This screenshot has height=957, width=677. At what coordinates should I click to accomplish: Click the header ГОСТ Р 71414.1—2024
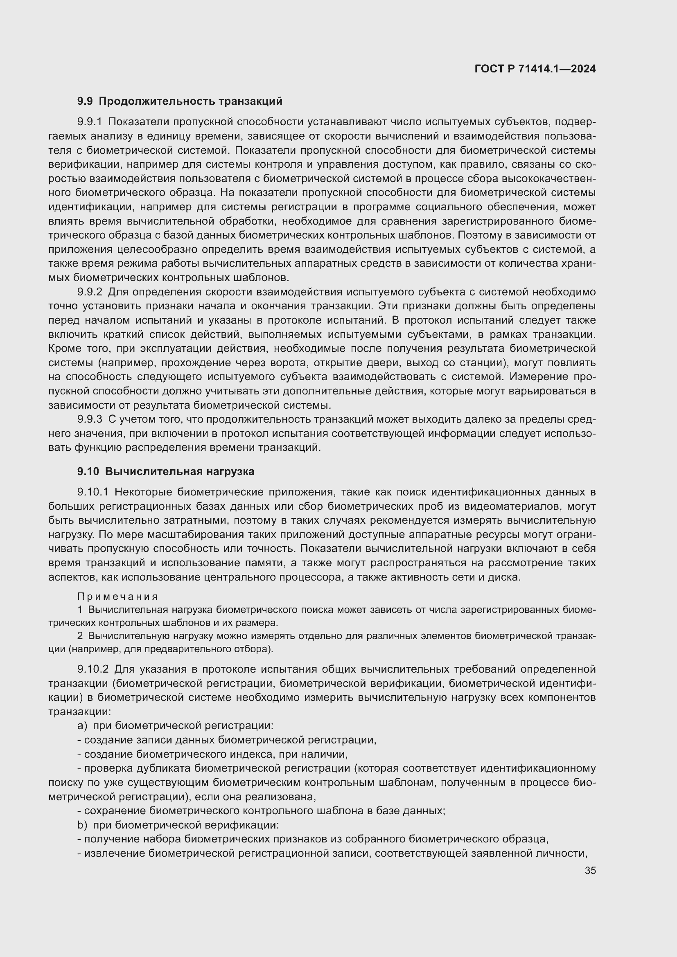click(535, 69)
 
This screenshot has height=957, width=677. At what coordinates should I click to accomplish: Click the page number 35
click(590, 870)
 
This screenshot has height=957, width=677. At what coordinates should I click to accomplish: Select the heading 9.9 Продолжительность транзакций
click(180, 101)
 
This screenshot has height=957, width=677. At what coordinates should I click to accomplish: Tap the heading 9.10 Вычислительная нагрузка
click(165, 471)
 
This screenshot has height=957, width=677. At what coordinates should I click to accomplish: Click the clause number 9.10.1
click(93, 492)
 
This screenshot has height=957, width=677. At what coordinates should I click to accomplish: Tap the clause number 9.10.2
click(93, 669)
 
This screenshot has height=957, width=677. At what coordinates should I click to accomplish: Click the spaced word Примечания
click(117, 597)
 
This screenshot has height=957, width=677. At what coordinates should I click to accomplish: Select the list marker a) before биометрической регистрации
click(82, 726)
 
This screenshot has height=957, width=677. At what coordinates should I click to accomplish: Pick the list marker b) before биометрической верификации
click(82, 825)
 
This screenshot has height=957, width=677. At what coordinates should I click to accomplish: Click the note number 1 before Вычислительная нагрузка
click(80, 610)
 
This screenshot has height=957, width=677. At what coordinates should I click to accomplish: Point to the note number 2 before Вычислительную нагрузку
click(80, 636)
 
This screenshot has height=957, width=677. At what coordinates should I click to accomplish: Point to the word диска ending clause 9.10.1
click(507, 577)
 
